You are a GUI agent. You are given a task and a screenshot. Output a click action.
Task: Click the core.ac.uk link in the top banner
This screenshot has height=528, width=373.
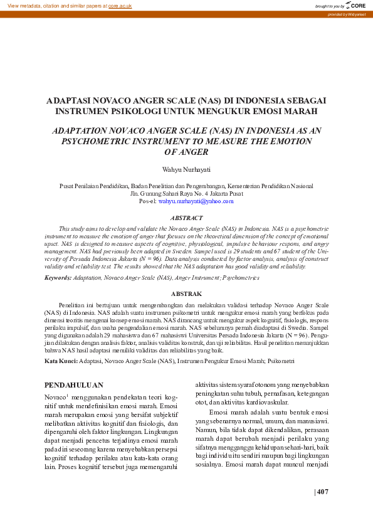120,5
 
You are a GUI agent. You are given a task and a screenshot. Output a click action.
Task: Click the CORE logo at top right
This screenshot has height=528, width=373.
355,5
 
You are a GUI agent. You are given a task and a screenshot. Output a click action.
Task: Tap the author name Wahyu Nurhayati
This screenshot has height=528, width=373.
186,169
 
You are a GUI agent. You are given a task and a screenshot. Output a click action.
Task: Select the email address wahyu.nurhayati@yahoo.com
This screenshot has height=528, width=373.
196,201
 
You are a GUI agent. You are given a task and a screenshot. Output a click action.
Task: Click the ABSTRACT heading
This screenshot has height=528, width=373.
186,218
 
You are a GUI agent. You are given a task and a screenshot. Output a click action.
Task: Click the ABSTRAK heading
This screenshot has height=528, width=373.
186,293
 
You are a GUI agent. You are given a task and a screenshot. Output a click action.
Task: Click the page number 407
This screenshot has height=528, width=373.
322,492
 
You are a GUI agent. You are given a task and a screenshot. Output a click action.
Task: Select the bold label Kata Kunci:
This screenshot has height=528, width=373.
61,361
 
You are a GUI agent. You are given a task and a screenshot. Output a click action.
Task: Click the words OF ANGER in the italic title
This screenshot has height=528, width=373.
186,152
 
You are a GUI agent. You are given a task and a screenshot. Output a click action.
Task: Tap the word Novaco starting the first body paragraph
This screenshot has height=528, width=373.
55,398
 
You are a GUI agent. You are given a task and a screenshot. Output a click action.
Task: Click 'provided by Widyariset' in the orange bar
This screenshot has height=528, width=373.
347,14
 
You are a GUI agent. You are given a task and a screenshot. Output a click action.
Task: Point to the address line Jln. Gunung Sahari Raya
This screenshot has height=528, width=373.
186,194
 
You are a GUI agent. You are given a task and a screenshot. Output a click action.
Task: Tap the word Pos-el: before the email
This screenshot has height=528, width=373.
147,201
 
